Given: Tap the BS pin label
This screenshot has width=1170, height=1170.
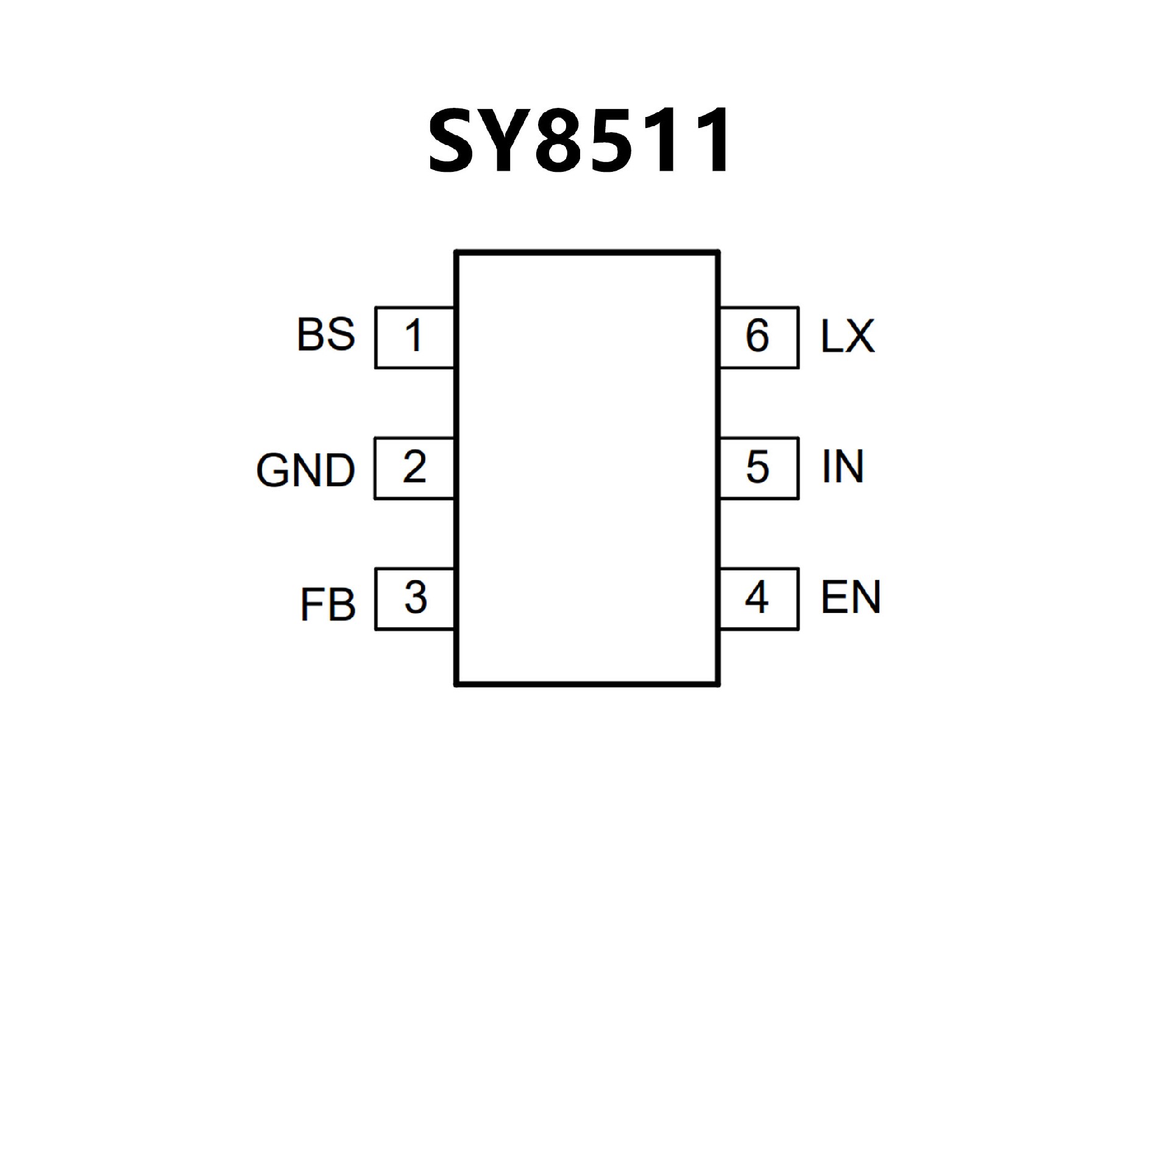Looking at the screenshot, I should click(325, 335).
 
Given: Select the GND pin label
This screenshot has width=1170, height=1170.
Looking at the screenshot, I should click(305, 470).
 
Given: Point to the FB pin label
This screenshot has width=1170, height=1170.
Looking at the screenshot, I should click(327, 604).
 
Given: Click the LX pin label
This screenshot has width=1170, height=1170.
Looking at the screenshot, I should click(848, 336).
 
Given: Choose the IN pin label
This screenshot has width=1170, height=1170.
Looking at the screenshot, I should click(843, 467).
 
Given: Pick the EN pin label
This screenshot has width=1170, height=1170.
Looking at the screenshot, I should click(851, 597).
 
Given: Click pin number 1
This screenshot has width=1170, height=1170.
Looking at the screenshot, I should click(414, 336).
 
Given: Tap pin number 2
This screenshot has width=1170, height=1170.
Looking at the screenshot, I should click(414, 467).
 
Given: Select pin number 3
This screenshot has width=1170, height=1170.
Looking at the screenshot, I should click(415, 598).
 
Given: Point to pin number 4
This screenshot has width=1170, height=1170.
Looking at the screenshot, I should click(757, 598).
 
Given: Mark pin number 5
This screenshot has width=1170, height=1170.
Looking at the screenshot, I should click(757, 467).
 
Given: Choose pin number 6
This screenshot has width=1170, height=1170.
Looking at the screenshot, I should click(757, 336).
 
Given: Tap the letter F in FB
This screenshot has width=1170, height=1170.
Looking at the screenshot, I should click(311, 605).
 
